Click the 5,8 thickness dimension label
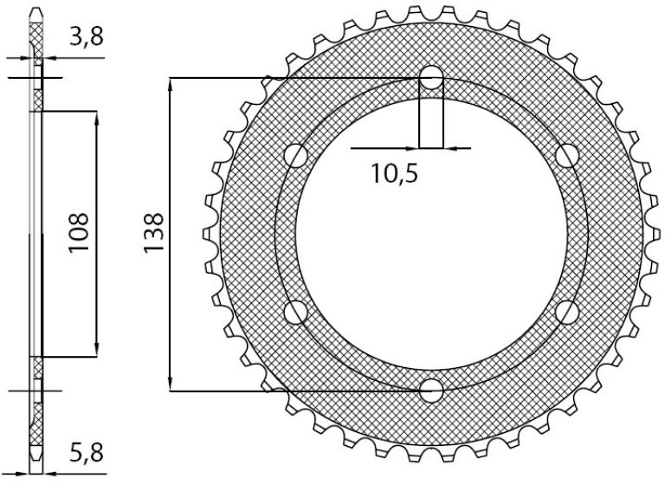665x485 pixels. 87,453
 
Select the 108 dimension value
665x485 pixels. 79,233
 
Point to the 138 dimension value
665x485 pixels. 153,233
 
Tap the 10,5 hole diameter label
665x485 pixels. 395,173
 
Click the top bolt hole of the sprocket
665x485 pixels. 431,78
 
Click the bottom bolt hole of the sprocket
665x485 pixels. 431,391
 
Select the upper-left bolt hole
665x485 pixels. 295,156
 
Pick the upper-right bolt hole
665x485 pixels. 567,156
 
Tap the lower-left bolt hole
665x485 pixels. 295,313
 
